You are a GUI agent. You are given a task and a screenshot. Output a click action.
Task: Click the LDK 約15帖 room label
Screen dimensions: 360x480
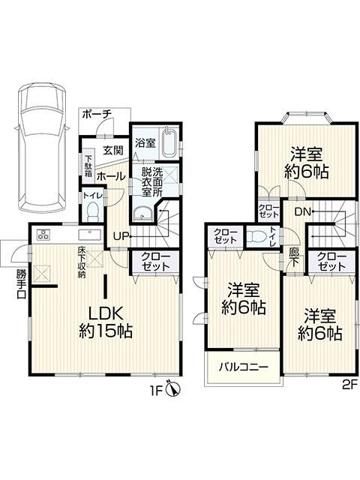106,322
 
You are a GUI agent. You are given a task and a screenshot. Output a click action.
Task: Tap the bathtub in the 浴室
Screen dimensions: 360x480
170,142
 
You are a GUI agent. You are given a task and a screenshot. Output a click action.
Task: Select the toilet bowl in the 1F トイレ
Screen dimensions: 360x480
92,212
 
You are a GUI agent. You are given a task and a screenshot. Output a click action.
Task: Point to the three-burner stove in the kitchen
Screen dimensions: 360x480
43,235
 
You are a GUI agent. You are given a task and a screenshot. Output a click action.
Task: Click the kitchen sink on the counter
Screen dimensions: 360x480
90,235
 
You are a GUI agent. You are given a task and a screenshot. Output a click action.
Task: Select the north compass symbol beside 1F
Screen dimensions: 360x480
173,390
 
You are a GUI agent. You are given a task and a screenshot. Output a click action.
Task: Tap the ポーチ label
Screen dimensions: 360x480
97,115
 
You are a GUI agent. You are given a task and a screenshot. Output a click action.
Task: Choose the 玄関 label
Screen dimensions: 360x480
113,150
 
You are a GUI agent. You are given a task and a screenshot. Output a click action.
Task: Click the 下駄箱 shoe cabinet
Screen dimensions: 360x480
88,166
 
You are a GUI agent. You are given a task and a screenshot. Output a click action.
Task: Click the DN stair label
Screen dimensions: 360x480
303,211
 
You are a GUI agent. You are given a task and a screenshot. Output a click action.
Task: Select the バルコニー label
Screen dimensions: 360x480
243,367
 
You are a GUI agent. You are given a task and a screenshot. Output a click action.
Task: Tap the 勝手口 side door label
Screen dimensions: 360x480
21,283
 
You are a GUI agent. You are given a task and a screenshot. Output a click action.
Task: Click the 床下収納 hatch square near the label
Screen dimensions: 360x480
95,259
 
